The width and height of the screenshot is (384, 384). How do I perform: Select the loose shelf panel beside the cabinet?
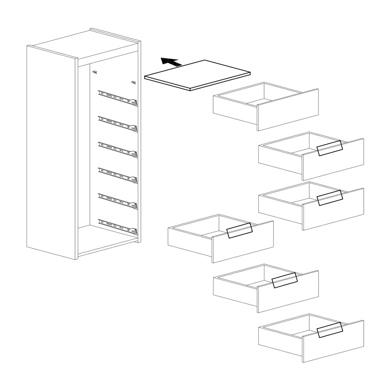(197, 75)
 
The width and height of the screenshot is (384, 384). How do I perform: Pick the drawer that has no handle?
(266, 106)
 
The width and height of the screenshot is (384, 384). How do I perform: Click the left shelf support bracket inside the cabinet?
(95, 72)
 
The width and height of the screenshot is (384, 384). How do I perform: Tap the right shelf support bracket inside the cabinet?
(133, 83)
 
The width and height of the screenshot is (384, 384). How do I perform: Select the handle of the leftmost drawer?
(239, 231)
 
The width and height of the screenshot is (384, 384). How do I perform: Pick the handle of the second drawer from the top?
(330, 148)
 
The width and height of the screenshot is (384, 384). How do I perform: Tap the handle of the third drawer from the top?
(330, 198)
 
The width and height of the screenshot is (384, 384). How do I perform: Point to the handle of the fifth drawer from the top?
(285, 280)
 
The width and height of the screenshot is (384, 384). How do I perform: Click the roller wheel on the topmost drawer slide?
(135, 103)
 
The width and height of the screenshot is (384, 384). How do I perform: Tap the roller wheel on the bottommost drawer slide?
(135, 232)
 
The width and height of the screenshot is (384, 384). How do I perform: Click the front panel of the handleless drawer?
(288, 110)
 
